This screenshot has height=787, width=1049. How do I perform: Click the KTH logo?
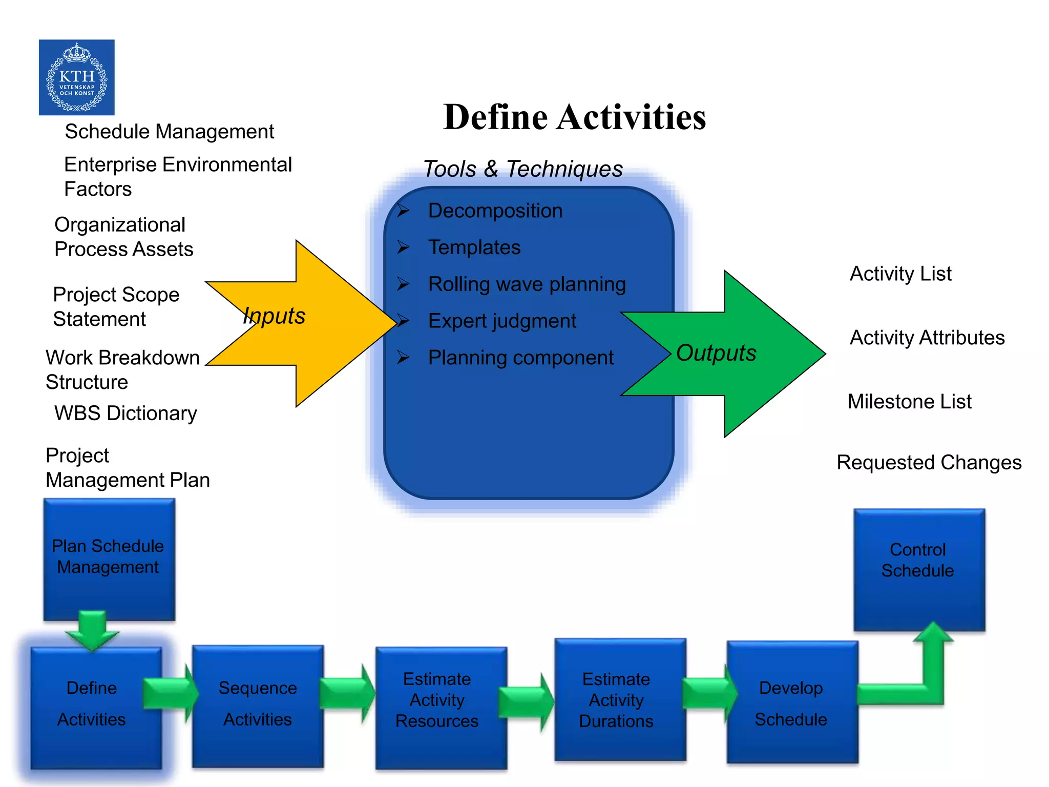(x=77, y=77)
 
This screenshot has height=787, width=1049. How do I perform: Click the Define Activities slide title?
(x=574, y=117)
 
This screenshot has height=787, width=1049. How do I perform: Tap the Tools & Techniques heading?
(x=523, y=169)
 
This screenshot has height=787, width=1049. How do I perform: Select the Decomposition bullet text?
(x=495, y=211)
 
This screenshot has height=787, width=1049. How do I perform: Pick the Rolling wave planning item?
(x=527, y=284)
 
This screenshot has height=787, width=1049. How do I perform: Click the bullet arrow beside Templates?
(x=403, y=247)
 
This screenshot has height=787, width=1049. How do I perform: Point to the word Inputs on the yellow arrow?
(x=274, y=316)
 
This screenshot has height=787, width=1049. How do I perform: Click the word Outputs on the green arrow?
(x=716, y=353)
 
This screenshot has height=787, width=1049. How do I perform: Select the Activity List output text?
(x=900, y=274)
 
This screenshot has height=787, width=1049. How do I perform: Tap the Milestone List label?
(x=909, y=401)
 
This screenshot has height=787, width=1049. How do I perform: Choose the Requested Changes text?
(x=929, y=462)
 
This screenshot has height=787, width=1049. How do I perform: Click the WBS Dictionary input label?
(x=125, y=413)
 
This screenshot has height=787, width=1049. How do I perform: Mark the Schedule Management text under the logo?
(x=169, y=132)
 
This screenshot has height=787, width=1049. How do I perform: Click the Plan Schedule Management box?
(x=109, y=558)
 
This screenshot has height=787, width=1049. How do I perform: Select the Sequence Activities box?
(x=258, y=705)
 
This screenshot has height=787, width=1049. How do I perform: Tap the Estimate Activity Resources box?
(x=441, y=707)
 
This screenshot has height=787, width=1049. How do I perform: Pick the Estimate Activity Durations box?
(x=620, y=699)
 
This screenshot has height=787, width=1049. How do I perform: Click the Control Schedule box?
(x=918, y=569)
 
